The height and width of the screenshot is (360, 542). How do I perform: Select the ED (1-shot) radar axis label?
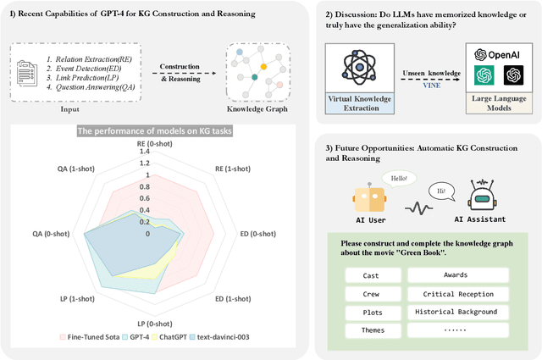(232, 298)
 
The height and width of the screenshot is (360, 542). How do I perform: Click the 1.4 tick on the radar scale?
(149, 152)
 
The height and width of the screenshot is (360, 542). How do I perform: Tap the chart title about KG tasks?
(150, 130)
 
